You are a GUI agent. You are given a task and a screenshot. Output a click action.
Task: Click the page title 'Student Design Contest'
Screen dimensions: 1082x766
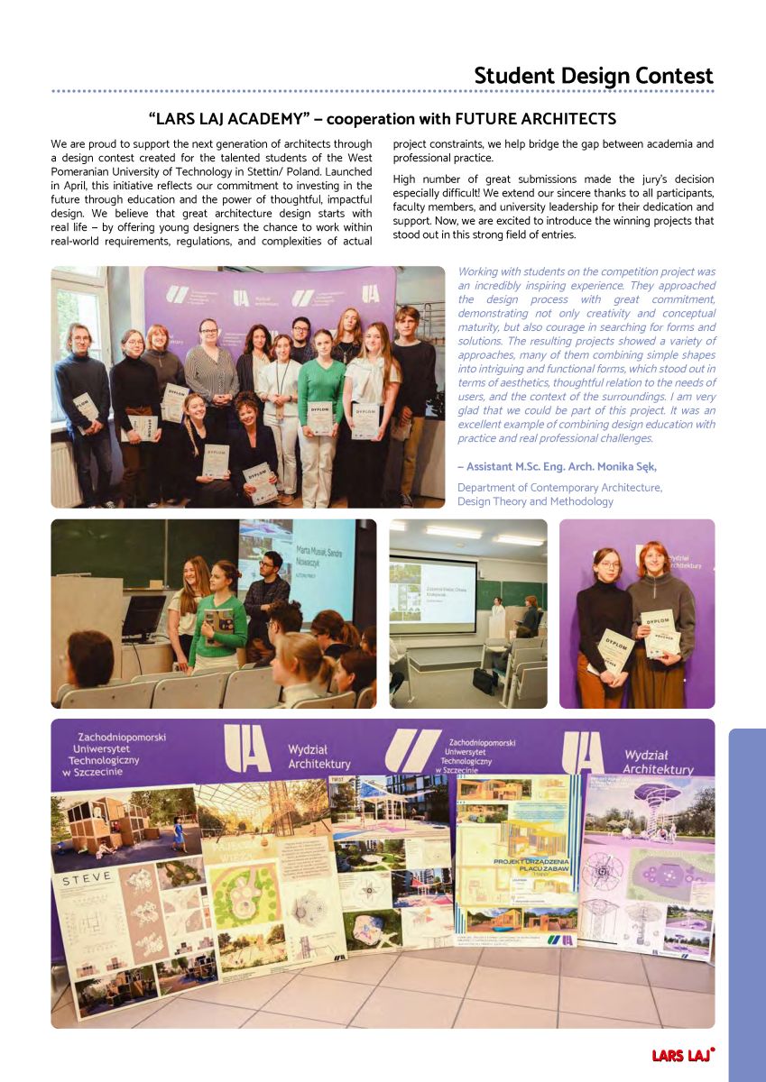[x=593, y=76]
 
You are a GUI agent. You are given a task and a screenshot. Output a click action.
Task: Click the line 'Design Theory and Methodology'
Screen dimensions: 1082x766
[x=535, y=501]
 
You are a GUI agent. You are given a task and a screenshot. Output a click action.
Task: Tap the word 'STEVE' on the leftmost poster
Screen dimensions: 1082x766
[x=88, y=876]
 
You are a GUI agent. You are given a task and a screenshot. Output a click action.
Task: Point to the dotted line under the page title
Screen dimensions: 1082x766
[x=383, y=92]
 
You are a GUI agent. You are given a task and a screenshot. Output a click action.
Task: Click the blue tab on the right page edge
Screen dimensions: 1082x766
[x=746, y=902]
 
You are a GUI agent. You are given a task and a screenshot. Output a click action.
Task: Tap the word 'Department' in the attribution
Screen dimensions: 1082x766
[x=488, y=488]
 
